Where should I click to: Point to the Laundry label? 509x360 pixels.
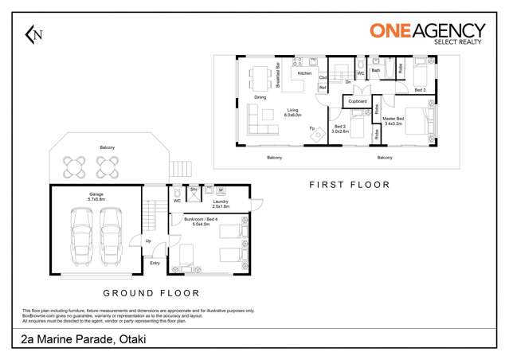point(221,202)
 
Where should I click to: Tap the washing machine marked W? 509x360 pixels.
point(221,190)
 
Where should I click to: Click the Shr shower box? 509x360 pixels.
point(193,190)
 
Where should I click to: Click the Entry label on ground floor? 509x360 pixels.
point(154,262)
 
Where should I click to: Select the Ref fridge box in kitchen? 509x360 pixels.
point(323,88)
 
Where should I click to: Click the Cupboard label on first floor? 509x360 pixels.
point(358,101)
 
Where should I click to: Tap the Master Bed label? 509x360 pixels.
point(395,119)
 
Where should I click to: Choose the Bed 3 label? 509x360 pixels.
point(420,90)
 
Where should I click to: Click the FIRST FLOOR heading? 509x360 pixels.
point(349,184)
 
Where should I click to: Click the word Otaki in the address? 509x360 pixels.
point(131,341)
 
